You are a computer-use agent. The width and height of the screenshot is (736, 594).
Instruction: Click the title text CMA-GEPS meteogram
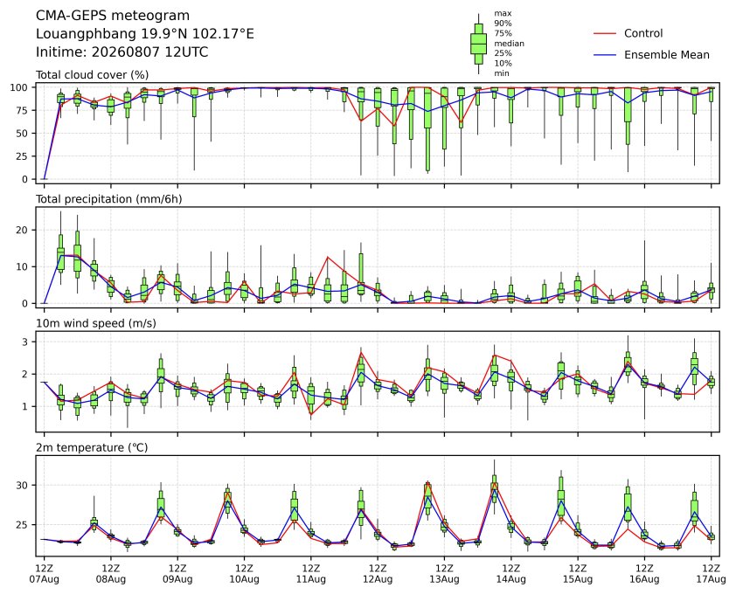pyautogui.click(x=113, y=16)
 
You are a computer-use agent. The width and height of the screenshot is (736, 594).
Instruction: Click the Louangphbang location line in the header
pyautogui.click(x=144, y=34)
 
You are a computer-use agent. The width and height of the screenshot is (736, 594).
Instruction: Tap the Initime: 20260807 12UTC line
pyautogui.click(x=122, y=52)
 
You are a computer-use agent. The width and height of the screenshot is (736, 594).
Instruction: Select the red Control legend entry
pyautogui.click(x=628, y=33)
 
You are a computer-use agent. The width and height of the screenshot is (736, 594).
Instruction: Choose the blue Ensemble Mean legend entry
pyautogui.click(x=651, y=55)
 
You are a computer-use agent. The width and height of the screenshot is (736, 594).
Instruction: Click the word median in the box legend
pyautogui.click(x=509, y=43)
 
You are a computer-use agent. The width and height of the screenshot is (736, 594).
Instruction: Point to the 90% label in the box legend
pyautogui.click(x=503, y=23)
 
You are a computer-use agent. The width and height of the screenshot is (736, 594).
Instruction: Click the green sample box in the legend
pyautogui.click(x=478, y=44)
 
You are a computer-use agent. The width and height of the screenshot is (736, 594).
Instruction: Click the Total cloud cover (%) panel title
pyautogui.click(x=92, y=75)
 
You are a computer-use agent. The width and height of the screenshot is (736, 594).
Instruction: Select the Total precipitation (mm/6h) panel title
pyautogui.click(x=109, y=199)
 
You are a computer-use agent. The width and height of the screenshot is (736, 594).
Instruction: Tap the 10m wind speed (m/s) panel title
pyautogui.click(x=96, y=323)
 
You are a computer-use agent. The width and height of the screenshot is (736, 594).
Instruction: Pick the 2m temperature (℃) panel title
pyautogui.click(x=92, y=447)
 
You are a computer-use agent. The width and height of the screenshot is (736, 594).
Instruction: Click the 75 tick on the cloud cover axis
pyautogui.click(x=23, y=110)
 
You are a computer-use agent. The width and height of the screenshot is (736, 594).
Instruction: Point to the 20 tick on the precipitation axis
pyautogui.click(x=23, y=230)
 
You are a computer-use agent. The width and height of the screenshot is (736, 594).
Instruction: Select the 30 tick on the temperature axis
pyautogui.click(x=23, y=485)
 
